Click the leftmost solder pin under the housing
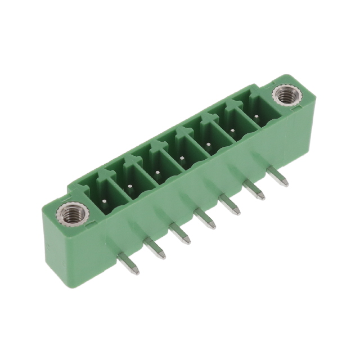tap(129, 264)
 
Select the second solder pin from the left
tap(154, 248)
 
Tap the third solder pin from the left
tap(180, 233)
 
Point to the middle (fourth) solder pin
tap(205, 219)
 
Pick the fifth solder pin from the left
tap(229, 204)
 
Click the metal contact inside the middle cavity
tap(182, 160)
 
